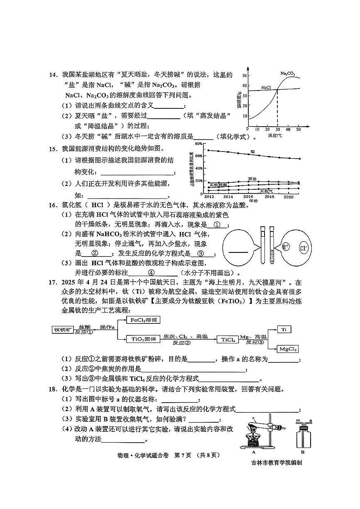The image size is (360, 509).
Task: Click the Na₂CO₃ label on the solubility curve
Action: coord(287,74)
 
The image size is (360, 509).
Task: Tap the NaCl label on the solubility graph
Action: coord(266,88)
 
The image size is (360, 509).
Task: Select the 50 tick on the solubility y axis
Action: coord(245,76)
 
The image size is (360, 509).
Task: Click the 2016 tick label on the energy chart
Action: coord(248,196)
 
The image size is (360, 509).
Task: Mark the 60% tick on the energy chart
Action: coord(198,156)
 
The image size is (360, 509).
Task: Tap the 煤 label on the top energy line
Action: coord(252,152)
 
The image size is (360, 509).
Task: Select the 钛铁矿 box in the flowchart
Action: coord(63,330)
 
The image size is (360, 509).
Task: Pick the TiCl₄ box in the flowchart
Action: coord(228,340)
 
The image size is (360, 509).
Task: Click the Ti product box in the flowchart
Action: coord(284,329)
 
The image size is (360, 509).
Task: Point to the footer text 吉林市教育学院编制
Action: coord(277,463)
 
